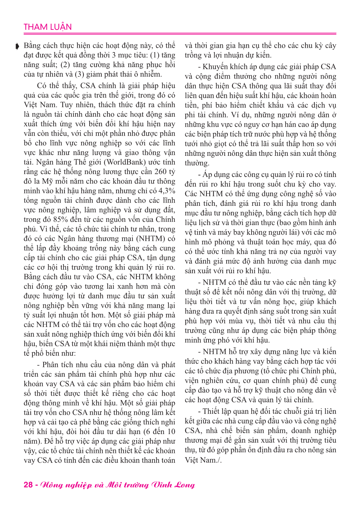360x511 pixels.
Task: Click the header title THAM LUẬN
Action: pos(47,27)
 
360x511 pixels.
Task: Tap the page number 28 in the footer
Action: pos(28,484)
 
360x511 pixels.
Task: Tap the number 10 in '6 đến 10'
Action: pos(171,432)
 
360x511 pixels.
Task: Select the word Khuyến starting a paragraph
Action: pos(215,67)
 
